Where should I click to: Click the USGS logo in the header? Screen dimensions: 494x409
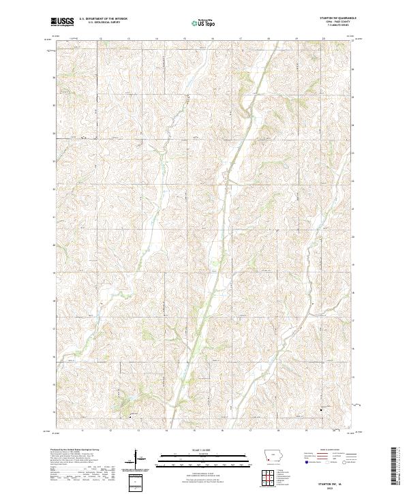[x=63, y=22]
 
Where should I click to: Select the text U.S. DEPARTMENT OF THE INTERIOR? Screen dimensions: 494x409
[x=103, y=20]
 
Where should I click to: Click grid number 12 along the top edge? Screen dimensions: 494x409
[x=100, y=38]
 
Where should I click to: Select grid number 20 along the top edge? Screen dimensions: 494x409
[x=323, y=38]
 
